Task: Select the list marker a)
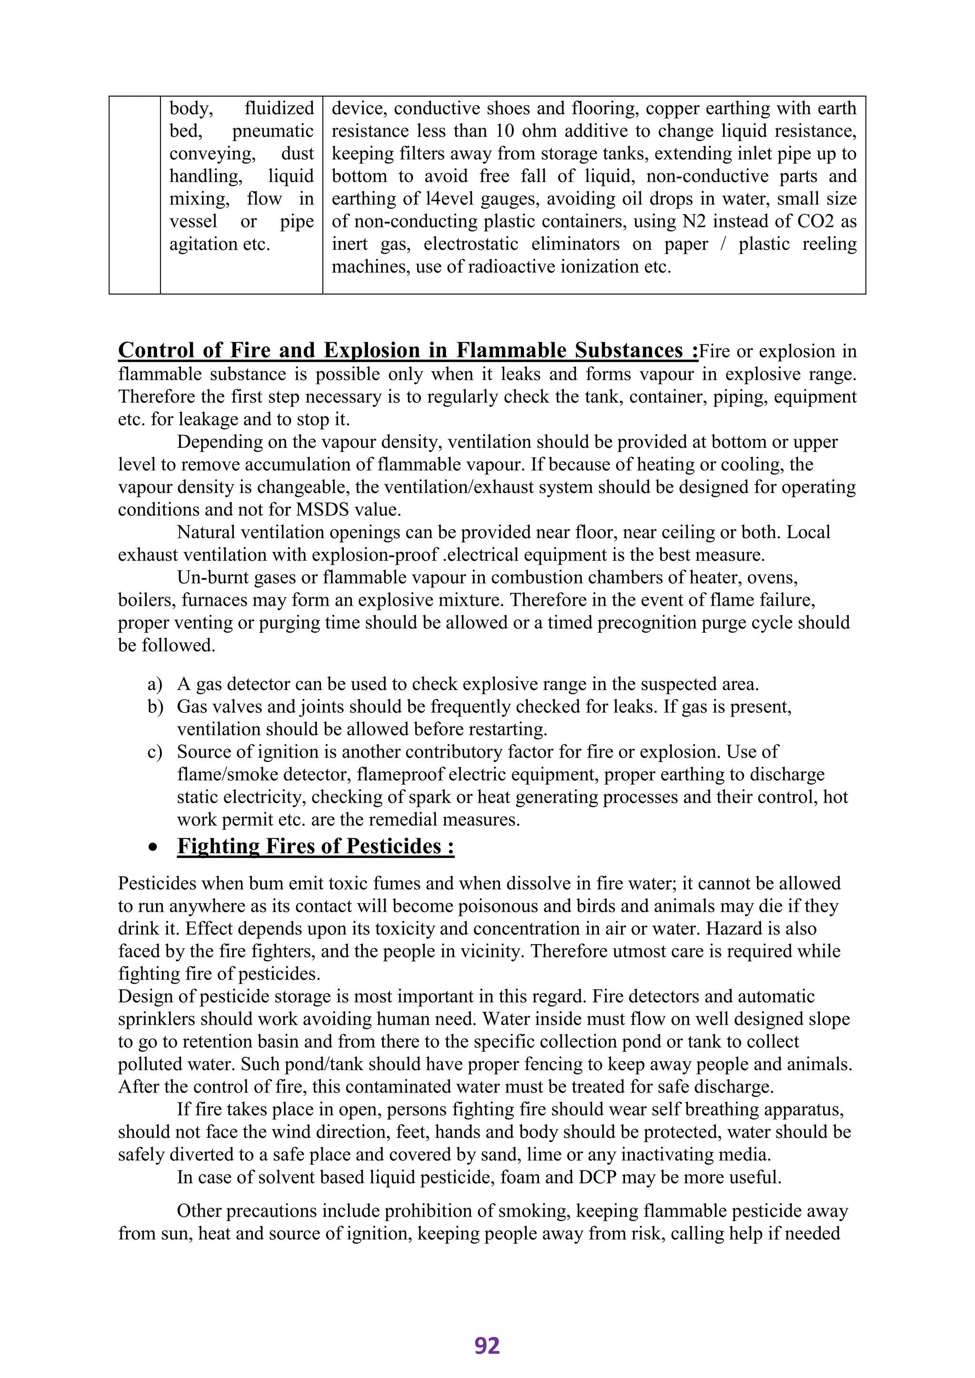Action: [155, 684]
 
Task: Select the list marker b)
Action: [155, 707]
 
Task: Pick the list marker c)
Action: [155, 752]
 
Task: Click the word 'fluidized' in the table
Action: [279, 108]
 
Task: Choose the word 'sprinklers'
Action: [157, 1019]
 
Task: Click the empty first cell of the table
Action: [134, 195]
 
